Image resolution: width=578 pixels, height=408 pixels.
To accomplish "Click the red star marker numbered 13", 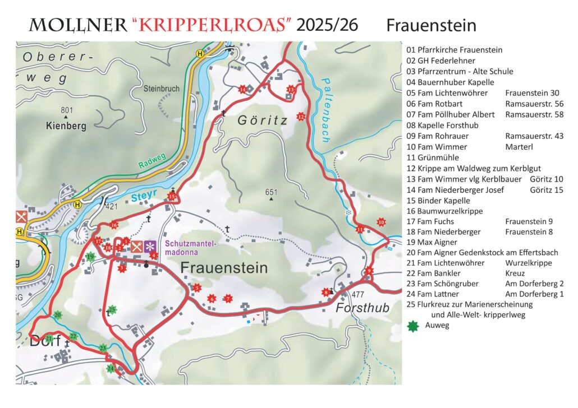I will coord(291,90).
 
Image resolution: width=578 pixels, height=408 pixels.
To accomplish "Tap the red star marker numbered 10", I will coord(382,222).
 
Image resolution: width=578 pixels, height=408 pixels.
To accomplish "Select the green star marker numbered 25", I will coord(112,309).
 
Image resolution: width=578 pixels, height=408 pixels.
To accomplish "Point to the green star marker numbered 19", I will coord(90,257).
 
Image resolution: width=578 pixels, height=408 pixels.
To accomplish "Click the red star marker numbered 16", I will coord(114,225).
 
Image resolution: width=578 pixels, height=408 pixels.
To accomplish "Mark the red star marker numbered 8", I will coord(325,292).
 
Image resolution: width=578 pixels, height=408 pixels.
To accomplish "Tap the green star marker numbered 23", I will coord(103,348).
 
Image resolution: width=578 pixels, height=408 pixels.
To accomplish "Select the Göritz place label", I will coord(262,120).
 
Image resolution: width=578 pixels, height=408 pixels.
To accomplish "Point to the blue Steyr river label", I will coord(145,197).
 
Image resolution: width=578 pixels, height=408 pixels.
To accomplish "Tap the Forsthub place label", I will coord(363,309).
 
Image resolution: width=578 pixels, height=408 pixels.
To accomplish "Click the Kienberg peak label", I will coord(66,126).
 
